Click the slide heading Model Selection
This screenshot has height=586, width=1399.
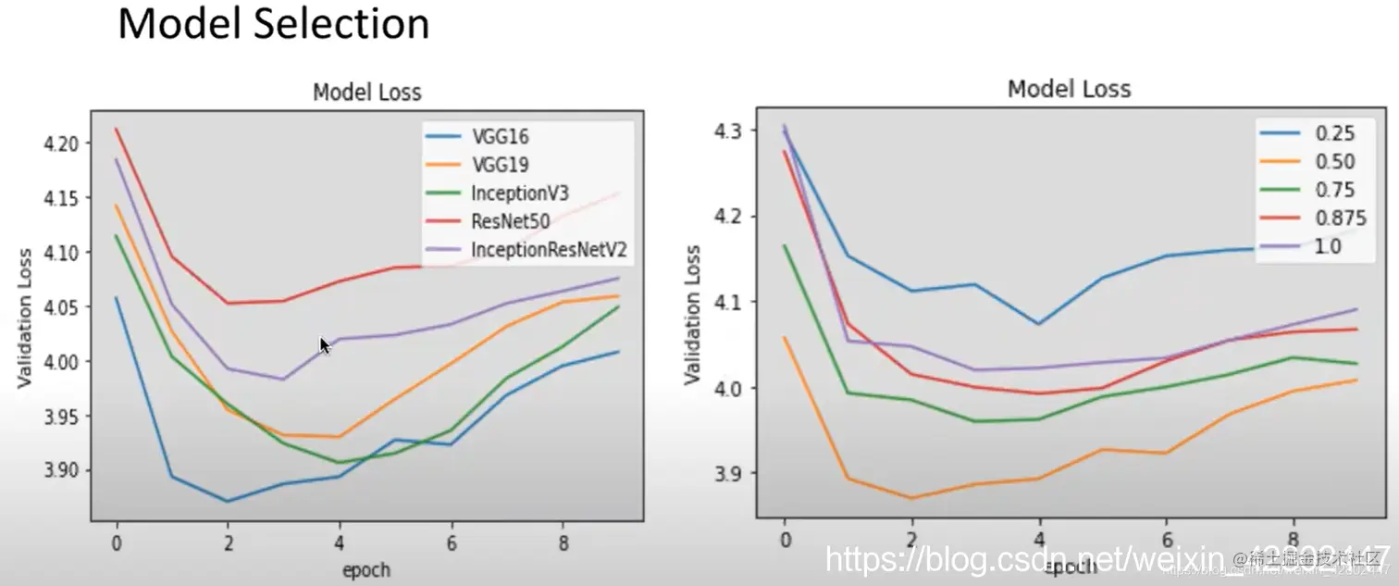(x=274, y=25)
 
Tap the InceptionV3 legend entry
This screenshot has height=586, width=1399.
(x=519, y=193)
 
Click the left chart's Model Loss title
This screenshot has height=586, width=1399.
(x=366, y=93)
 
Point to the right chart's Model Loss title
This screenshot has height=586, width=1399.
(x=1069, y=89)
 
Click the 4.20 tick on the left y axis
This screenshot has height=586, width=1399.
(x=61, y=143)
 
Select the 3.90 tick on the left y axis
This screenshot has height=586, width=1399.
(x=61, y=470)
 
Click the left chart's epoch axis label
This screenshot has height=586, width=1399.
(x=366, y=569)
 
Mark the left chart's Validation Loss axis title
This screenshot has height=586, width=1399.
(x=25, y=317)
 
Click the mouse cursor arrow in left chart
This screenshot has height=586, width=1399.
(x=324, y=344)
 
